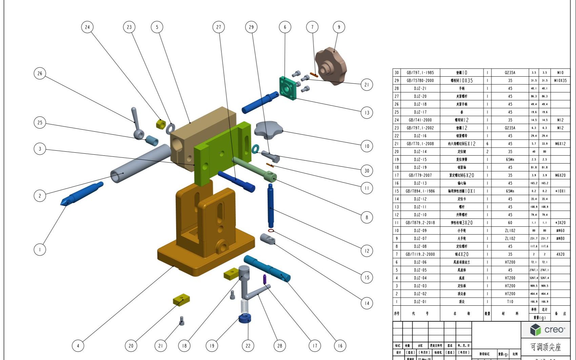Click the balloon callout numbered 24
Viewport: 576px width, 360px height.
(x=87, y=27)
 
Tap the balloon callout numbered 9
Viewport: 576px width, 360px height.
(x=339, y=27)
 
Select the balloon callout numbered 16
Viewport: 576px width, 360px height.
(x=340, y=346)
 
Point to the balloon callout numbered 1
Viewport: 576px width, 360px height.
(x=40, y=250)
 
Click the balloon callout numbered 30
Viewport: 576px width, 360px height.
(x=366, y=171)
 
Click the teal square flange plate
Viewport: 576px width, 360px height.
(x=288, y=88)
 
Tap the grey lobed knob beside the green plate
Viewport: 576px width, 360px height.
(x=267, y=129)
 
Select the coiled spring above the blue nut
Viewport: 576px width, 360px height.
(x=244, y=307)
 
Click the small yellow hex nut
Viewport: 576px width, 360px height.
(x=161, y=124)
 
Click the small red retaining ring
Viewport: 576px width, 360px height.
(x=271, y=231)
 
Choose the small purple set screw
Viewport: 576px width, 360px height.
(x=265, y=279)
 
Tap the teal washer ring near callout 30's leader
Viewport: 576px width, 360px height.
(x=255, y=148)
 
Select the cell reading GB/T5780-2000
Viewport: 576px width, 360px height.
(x=420, y=80)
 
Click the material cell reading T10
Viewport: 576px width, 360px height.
(x=510, y=302)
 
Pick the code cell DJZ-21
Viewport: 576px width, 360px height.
(x=420, y=88)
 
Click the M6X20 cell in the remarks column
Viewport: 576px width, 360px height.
(x=560, y=175)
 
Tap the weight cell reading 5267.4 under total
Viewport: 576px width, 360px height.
(x=544, y=278)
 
